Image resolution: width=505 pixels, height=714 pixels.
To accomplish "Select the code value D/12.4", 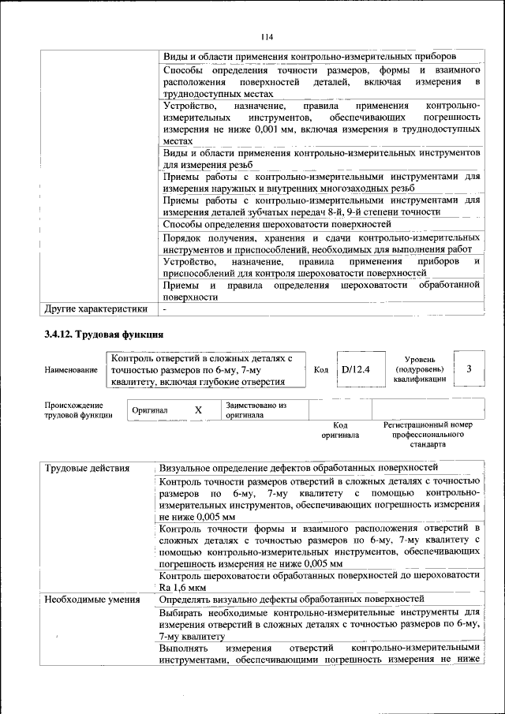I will pyautogui.click(x=355, y=369).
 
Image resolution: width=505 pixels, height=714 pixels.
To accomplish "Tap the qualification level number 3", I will pyautogui.click(x=469, y=369).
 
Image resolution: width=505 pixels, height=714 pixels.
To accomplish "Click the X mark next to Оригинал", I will pyautogui.click(x=198, y=411).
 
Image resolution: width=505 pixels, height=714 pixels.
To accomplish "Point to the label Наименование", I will pyautogui.click(x=71, y=370).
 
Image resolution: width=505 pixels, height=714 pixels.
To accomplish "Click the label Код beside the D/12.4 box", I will pyautogui.click(x=321, y=369).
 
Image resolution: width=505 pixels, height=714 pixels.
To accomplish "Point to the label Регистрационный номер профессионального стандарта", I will pyautogui.click(x=428, y=435).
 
